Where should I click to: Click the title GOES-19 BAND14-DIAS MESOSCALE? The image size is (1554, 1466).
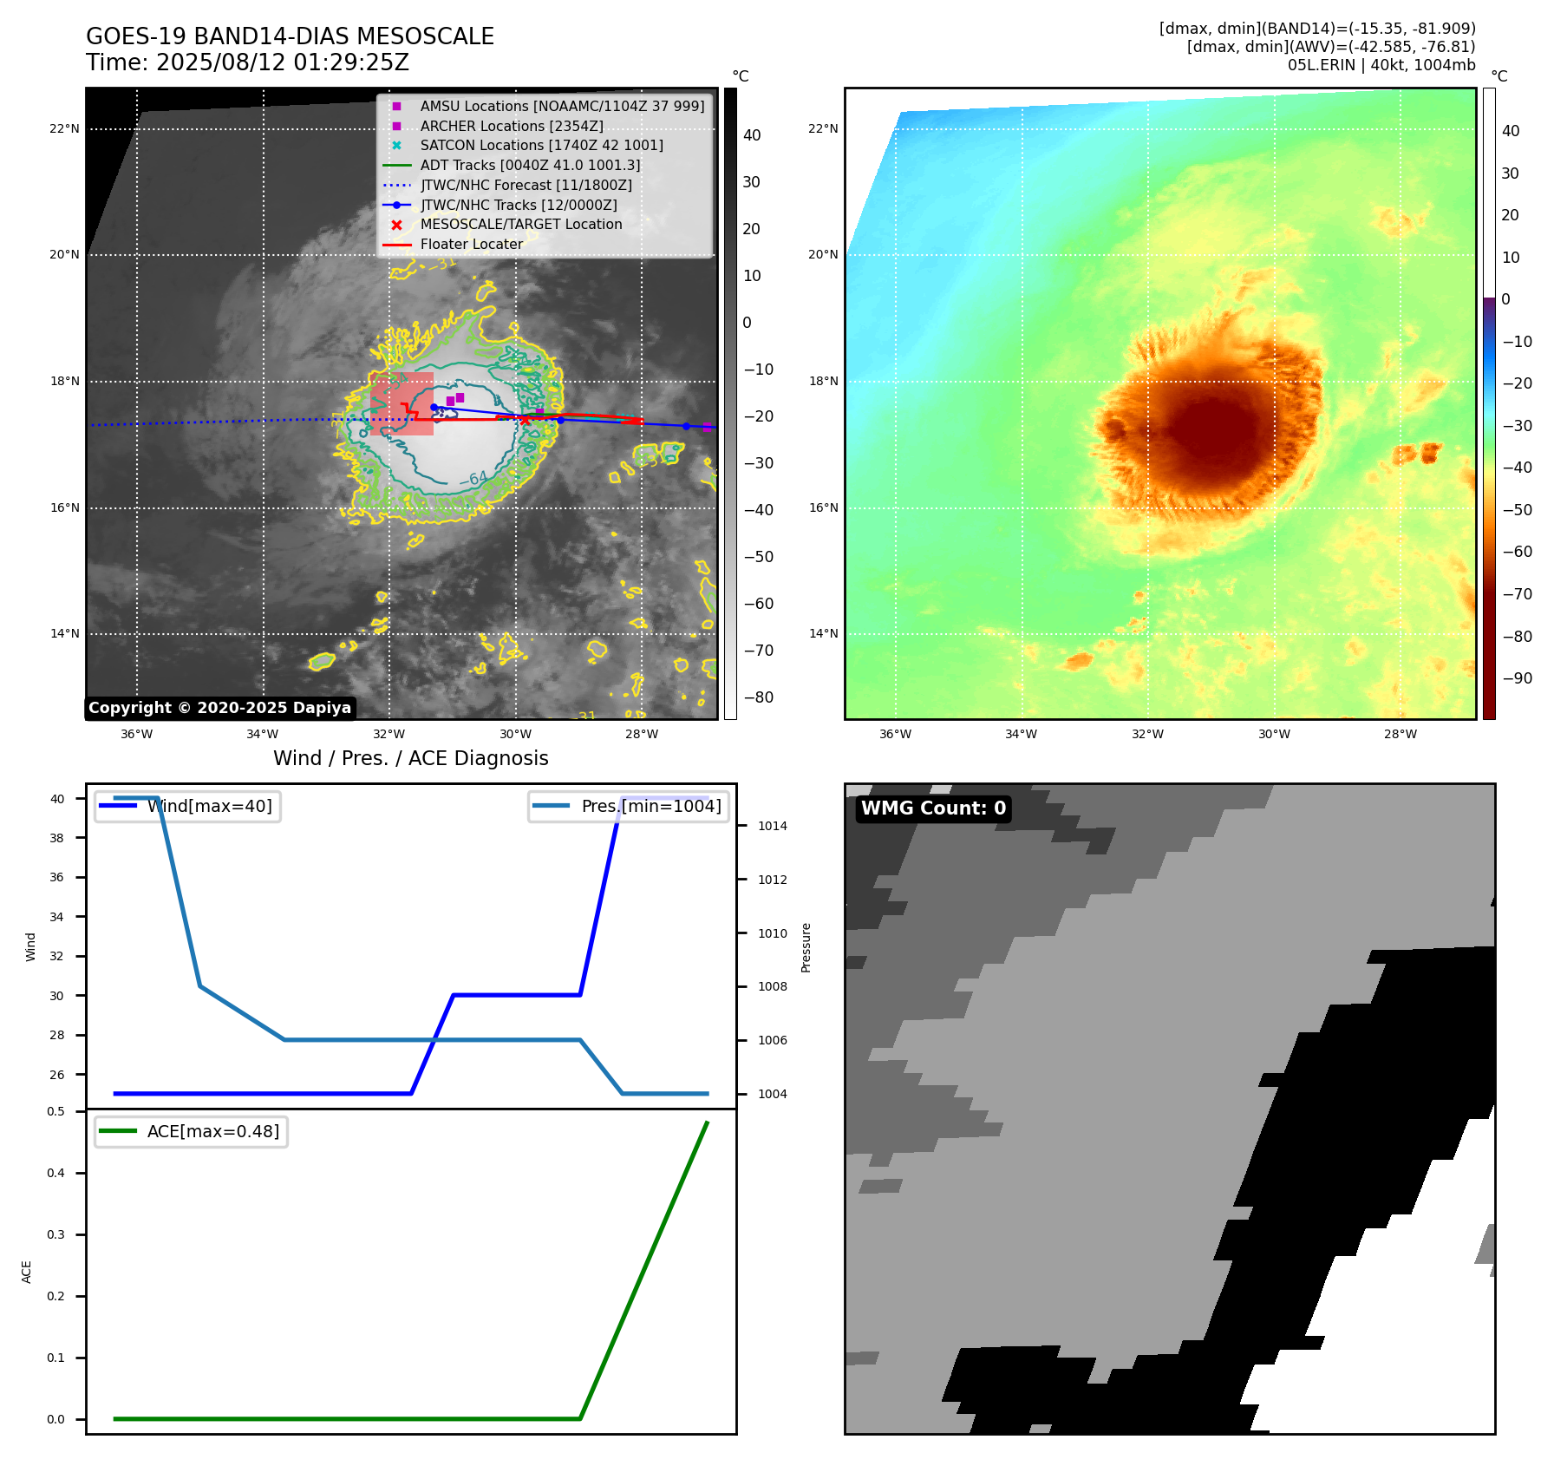(x=290, y=36)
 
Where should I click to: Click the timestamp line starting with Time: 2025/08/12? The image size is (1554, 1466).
(x=247, y=62)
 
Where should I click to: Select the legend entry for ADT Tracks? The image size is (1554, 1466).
(x=530, y=165)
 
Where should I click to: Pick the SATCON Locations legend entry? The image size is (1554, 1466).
(x=541, y=145)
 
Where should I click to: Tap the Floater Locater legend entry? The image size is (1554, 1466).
(x=471, y=245)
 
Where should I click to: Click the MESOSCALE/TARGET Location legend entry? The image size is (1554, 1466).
(x=520, y=225)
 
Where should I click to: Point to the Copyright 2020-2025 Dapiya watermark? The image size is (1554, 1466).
(x=219, y=708)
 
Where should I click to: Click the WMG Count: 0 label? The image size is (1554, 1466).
(x=933, y=808)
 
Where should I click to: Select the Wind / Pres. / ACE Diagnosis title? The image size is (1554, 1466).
(x=410, y=758)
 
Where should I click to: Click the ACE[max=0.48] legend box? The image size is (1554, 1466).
(x=191, y=1131)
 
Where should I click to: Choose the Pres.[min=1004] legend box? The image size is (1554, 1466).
(x=629, y=806)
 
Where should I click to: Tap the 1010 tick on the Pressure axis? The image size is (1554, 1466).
(x=772, y=933)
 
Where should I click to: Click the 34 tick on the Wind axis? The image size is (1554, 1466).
(x=57, y=917)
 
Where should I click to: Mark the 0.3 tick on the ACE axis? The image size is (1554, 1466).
(x=56, y=1234)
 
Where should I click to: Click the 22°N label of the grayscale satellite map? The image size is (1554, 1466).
(x=64, y=128)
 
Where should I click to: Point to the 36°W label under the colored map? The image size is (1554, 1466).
(x=895, y=734)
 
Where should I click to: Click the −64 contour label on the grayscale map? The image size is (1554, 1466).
(x=473, y=478)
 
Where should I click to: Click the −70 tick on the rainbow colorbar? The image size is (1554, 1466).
(x=1517, y=594)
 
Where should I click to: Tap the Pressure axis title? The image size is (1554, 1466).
(x=806, y=947)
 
